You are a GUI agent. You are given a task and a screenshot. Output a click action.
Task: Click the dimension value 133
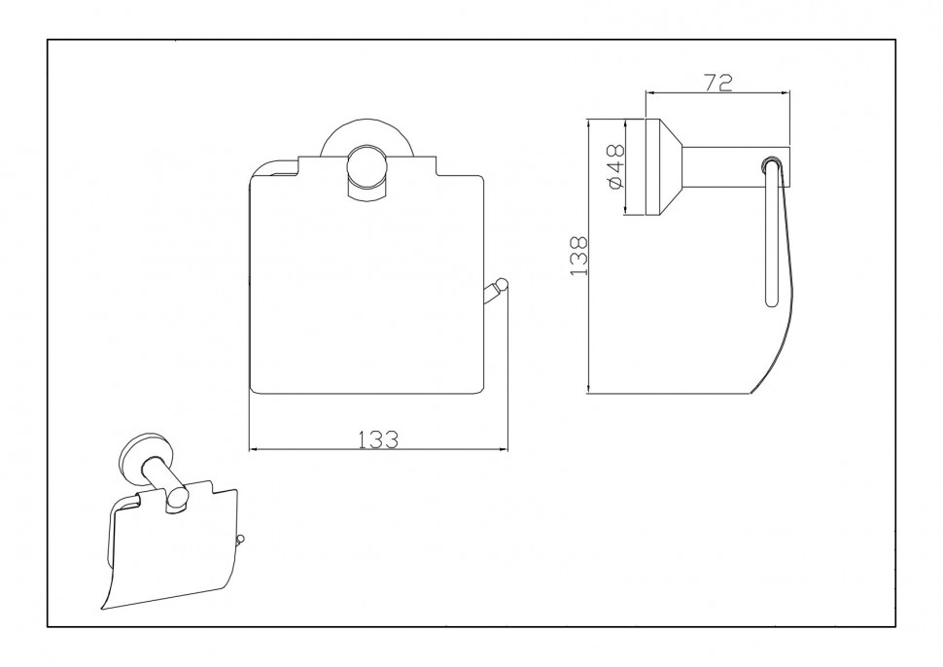tap(379, 439)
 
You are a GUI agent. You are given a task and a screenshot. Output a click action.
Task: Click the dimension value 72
tap(718, 83)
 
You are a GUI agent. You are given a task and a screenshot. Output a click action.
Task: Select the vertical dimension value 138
tap(578, 257)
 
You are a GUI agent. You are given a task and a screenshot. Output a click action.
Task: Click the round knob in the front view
tap(366, 169)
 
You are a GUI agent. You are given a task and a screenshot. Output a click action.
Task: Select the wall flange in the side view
tap(663, 167)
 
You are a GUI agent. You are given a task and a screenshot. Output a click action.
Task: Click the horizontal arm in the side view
tap(735, 166)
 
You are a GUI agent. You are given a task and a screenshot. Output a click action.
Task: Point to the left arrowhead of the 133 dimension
tap(253, 449)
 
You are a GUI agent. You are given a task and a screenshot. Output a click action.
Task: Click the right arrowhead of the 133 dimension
tap(503, 449)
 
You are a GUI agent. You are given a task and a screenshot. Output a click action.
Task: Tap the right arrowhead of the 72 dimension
tap(785, 92)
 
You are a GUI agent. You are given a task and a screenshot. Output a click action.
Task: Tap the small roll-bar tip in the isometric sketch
tap(241, 540)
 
